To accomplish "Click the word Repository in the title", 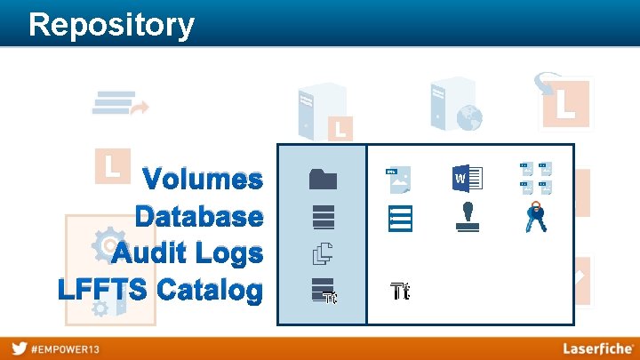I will point(111,24).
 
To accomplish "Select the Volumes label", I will point(204,180).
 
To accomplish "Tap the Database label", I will point(199,217).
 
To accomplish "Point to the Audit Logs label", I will point(188,253).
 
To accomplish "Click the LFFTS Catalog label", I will point(161,290).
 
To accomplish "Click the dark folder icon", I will point(324,179).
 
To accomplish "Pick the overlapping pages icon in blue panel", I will point(322,254).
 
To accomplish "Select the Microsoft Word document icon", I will point(467,178).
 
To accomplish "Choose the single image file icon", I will point(398,179).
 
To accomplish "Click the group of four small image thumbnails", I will point(536,178).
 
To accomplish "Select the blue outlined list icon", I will point(400,219).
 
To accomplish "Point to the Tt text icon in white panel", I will point(400,291).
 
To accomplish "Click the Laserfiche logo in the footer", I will point(598,348).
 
